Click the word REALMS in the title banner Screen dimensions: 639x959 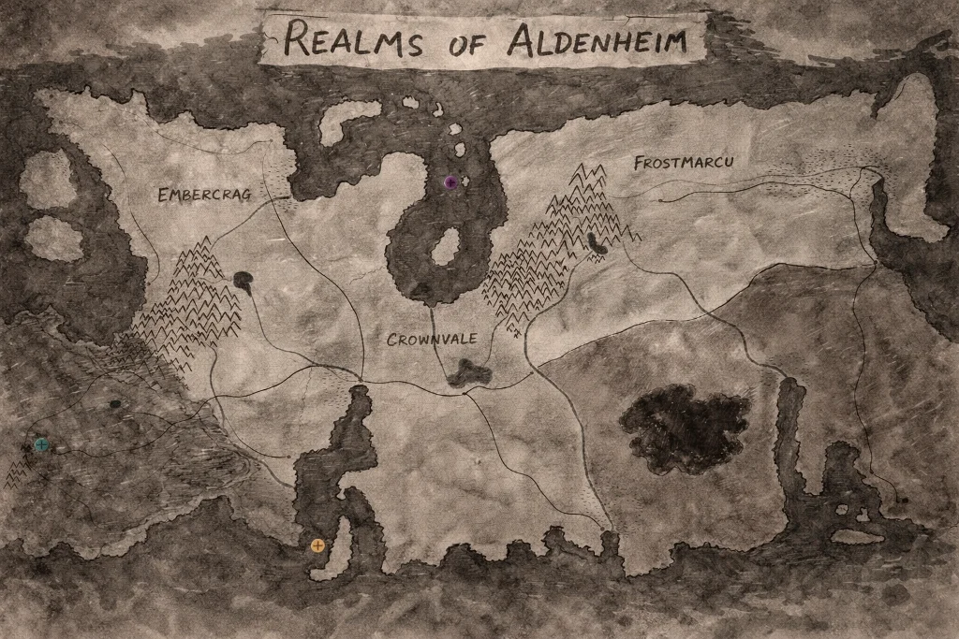point(353,40)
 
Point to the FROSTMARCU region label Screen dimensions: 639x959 point(684,163)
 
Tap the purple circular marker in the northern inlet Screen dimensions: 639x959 point(450,182)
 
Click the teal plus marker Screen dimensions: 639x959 point(41,445)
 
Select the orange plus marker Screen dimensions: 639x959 point(317,545)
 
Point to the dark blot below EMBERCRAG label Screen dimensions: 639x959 point(243,280)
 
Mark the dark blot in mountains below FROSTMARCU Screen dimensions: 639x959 point(596,244)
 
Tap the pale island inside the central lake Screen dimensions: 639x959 point(444,248)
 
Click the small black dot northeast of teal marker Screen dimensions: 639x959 point(114,404)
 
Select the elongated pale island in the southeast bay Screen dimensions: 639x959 point(857,537)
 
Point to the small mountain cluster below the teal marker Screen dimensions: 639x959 point(17,474)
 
